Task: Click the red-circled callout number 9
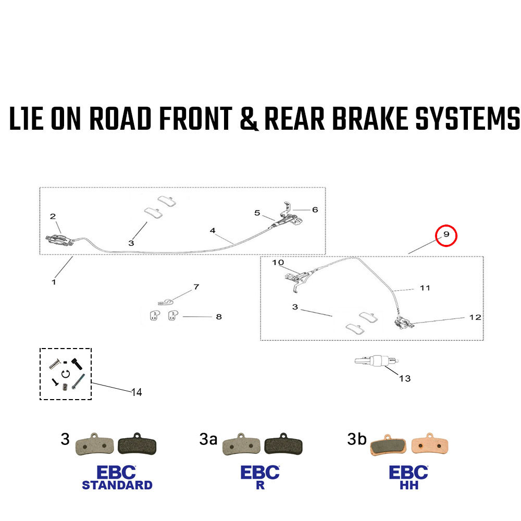446,235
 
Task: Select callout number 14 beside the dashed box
137,392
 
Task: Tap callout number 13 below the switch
405,378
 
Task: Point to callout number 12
475,317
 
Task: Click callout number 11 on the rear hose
425,288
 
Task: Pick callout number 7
196,287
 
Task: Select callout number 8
218,317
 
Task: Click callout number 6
315,209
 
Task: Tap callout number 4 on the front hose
213,230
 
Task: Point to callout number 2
53,216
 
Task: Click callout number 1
53,282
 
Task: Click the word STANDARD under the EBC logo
117,485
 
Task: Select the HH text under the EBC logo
408,485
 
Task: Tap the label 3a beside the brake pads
208,440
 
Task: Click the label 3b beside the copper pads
357,440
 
